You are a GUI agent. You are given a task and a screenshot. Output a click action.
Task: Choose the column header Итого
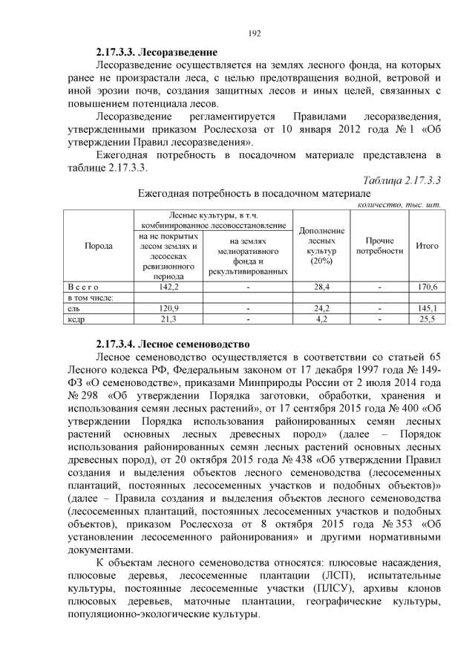(427, 246)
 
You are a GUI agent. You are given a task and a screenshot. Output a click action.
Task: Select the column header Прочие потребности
(379, 246)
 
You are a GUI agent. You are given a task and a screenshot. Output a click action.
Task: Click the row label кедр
(75, 319)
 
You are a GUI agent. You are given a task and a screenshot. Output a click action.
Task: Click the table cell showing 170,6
(427, 286)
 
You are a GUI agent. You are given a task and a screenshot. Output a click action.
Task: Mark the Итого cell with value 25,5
(427, 319)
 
